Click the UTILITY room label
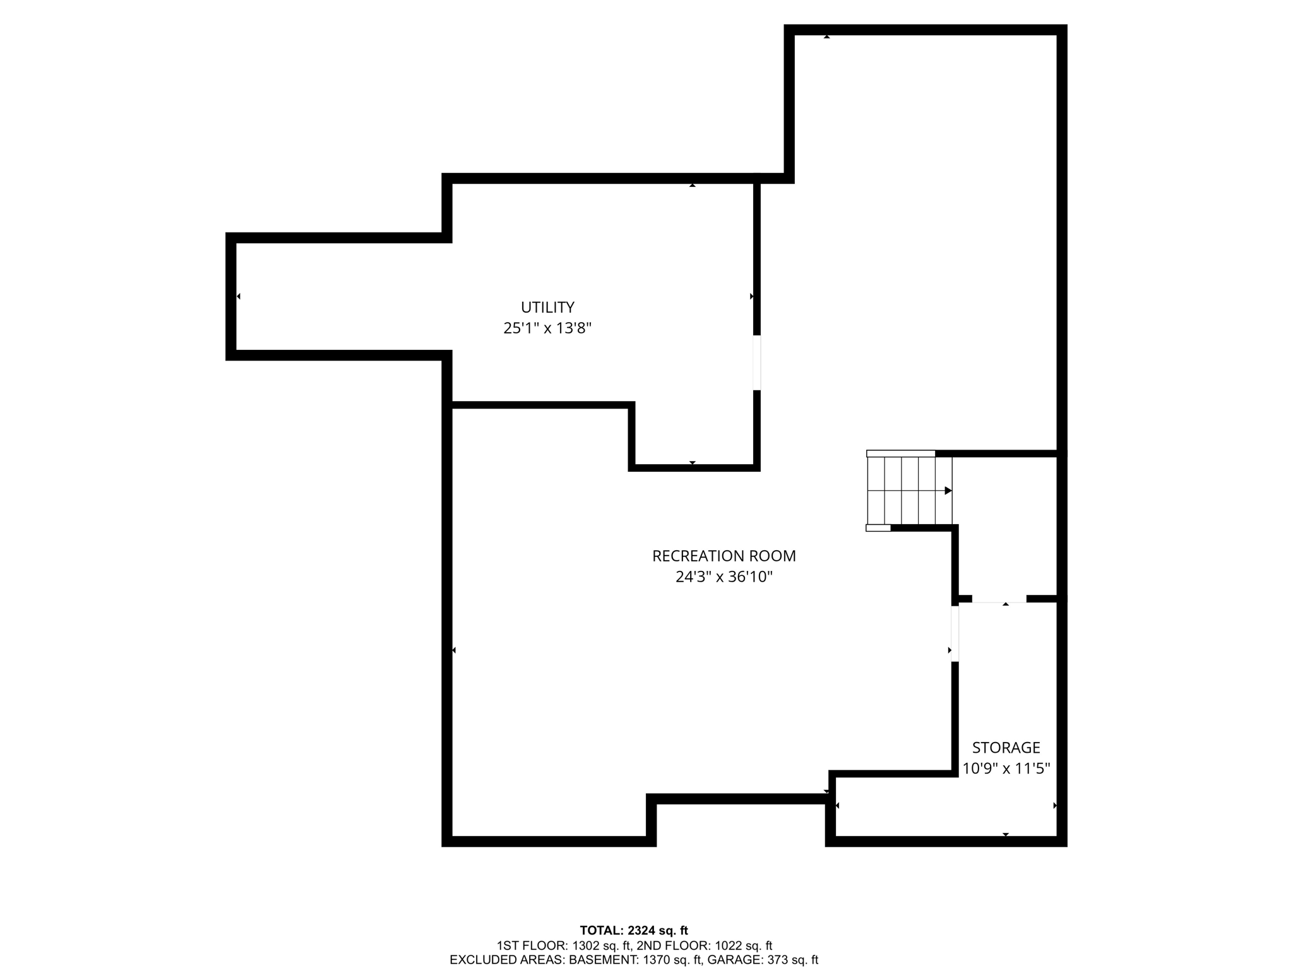click(x=547, y=308)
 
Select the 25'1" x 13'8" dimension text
click(x=547, y=328)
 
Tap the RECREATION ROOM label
click(x=724, y=556)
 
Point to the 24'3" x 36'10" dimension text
click(x=724, y=577)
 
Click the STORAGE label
click(x=1006, y=748)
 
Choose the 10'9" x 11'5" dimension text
click(x=1006, y=769)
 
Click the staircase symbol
click(x=909, y=491)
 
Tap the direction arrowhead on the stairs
click(x=948, y=491)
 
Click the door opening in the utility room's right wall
click(x=756, y=362)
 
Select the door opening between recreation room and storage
click(x=955, y=633)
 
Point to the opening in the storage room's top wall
click(x=999, y=599)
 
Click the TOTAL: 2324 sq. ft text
click(x=634, y=930)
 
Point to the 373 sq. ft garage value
click(x=792, y=961)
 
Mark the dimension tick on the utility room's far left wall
click(x=239, y=296)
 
